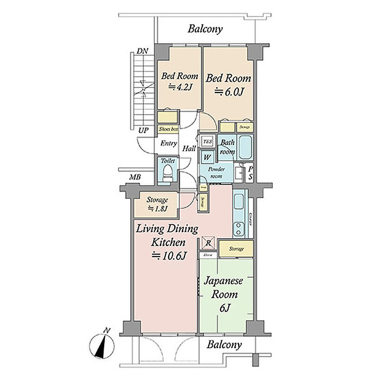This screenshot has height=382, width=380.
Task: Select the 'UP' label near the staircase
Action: [x=143, y=130]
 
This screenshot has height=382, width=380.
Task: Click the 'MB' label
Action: [x=134, y=178]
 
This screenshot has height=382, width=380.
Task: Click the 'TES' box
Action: [x=207, y=141]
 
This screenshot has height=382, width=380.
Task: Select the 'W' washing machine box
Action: [x=207, y=156]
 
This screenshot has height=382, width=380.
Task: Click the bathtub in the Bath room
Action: [x=245, y=148]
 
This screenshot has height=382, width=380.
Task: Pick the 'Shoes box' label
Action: [x=168, y=129]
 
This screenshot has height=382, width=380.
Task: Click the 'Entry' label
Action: [x=169, y=143]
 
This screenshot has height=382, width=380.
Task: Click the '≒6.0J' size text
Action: [x=229, y=91]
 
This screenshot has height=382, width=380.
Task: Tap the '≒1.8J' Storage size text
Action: [x=157, y=208]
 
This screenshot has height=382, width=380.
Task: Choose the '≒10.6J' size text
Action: [x=168, y=256]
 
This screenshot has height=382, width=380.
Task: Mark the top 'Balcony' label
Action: [x=205, y=29]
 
